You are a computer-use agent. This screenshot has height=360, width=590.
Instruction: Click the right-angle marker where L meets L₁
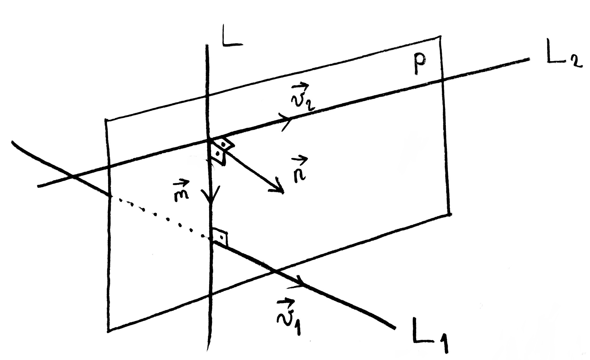point(221,238)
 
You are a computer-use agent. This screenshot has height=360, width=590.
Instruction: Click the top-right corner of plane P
point(441,36)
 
